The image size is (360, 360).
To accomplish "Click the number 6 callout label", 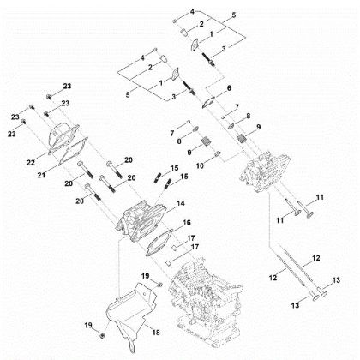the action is tap(229, 88).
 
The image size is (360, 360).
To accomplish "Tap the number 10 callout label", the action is tap(200, 165).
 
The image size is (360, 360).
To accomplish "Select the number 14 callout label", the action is tap(181, 203).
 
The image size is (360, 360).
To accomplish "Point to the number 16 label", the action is tap(187, 222).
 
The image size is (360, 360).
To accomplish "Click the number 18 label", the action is tap(156, 333).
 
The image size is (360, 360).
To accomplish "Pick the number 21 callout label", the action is tap(41, 175).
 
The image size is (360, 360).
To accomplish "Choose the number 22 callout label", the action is tap(31, 162).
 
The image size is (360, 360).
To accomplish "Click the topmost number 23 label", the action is tap(67, 86).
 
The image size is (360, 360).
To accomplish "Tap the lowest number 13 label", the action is tap(295, 305).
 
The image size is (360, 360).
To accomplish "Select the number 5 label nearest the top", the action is tap(234, 15).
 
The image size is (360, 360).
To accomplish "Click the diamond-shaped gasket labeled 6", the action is tap(208, 103).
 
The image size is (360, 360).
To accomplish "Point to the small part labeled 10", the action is tap(217, 153).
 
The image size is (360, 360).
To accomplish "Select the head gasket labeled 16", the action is tap(159, 243).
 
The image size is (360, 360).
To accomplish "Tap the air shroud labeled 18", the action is tap(131, 310).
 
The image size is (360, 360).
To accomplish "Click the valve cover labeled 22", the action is tap(63, 139).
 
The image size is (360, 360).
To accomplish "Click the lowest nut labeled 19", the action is tap(102, 335).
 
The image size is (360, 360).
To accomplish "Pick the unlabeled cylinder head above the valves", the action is tap(265, 172).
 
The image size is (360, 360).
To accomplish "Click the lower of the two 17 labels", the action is tap(195, 247).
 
